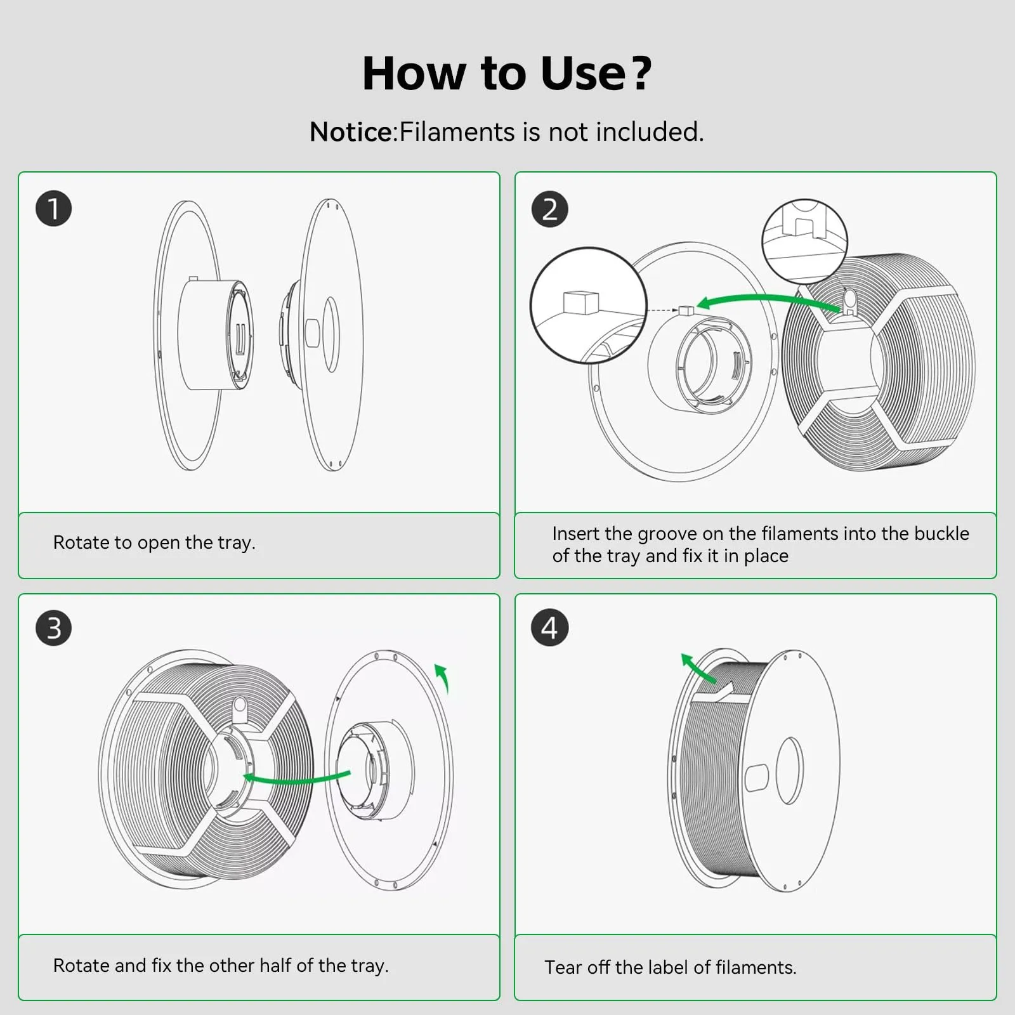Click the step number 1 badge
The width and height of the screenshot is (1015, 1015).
pyautogui.click(x=54, y=209)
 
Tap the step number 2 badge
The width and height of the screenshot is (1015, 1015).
pyautogui.click(x=549, y=209)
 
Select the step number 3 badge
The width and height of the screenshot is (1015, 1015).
pyautogui.click(x=54, y=628)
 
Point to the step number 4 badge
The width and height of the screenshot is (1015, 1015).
pyautogui.click(x=549, y=628)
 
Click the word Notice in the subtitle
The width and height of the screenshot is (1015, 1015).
pyautogui.click(x=351, y=132)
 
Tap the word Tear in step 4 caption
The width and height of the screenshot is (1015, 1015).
pyautogui.click(x=563, y=967)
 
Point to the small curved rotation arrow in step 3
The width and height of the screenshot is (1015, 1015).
pyautogui.click(x=442, y=676)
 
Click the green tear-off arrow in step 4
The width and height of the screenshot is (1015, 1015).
pyautogui.click(x=698, y=668)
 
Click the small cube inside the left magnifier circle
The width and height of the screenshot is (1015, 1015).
pyautogui.click(x=580, y=303)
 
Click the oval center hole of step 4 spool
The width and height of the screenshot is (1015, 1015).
pyautogui.click(x=790, y=770)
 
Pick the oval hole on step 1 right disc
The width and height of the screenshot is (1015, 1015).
pyautogui.click(x=331, y=334)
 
